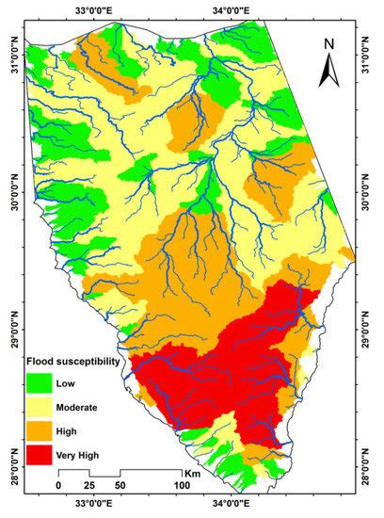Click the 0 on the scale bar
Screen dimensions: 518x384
click(58, 484)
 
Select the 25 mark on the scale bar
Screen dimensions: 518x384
click(90, 484)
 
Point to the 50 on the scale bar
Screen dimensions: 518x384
click(120, 484)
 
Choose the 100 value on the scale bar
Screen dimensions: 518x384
click(180, 484)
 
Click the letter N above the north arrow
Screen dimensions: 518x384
click(328, 43)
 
